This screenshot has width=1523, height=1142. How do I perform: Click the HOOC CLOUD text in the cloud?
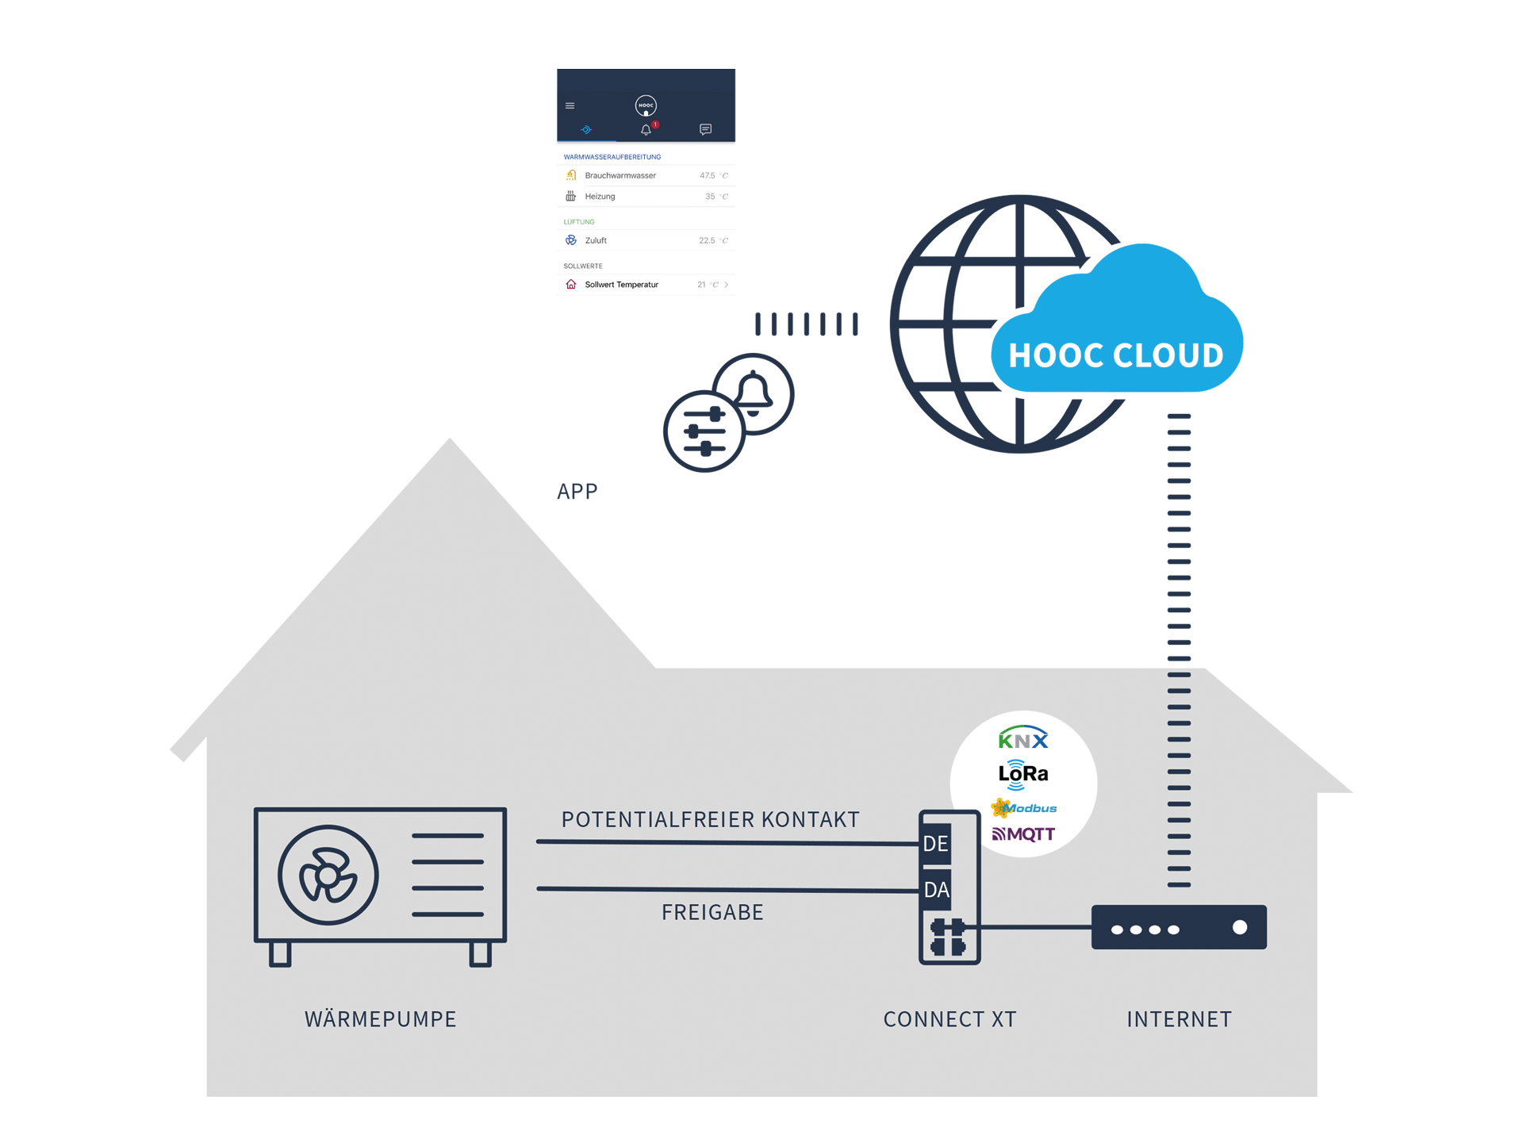coord(1115,355)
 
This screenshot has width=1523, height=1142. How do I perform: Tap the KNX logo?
coord(1023,739)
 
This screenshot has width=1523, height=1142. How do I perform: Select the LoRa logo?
coord(1023,773)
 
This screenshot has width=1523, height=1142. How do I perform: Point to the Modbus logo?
coord(1025,808)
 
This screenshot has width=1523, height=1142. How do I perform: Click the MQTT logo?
coord(1024,834)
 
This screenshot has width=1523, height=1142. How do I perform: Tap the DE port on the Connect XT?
coord(936,844)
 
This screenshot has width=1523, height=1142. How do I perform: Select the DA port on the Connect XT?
coord(936,890)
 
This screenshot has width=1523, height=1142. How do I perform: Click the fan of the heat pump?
coord(328,876)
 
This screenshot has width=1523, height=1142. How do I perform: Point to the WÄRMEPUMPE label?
coord(381,1019)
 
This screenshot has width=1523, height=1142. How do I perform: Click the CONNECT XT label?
coord(949,1019)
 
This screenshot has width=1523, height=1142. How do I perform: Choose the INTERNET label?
coord(1179,1019)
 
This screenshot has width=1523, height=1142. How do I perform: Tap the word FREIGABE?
coord(712,913)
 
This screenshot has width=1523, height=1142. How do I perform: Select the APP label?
coord(577,492)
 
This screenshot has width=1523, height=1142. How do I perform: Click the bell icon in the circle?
coord(754,393)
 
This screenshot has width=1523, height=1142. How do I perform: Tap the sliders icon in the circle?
coord(704,431)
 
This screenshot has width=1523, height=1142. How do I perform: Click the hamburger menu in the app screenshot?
coord(570,105)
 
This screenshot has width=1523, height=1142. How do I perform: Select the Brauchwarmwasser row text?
coord(620,175)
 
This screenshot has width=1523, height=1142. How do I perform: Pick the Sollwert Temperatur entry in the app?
coord(621,285)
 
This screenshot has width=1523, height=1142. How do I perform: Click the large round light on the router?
coord(1240,928)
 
